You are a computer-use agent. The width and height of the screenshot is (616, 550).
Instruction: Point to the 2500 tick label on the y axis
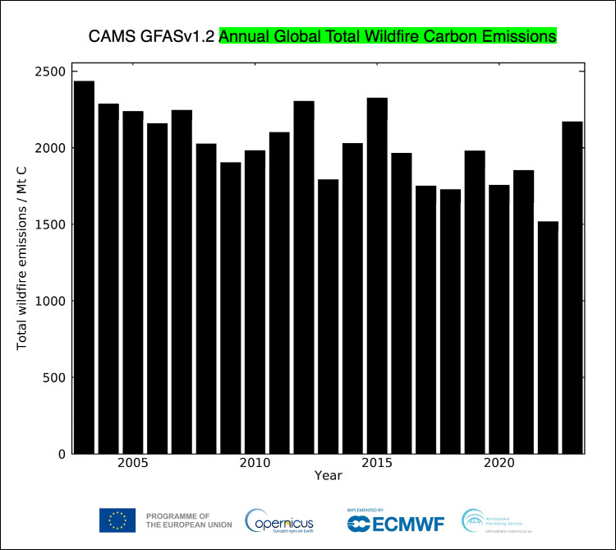tap(50, 72)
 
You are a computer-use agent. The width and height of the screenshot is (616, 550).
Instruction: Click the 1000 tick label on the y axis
tap(50, 301)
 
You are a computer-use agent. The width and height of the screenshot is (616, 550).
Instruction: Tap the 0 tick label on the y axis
tap(61, 454)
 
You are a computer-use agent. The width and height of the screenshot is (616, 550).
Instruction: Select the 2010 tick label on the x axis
tap(255, 464)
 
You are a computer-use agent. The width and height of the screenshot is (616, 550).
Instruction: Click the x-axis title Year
tap(328, 476)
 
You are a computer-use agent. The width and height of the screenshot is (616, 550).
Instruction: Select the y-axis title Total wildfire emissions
tap(22, 263)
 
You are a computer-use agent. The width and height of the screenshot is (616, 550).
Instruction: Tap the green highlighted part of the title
tap(388, 37)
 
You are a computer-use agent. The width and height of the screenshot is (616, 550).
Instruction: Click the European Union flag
tap(117, 520)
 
